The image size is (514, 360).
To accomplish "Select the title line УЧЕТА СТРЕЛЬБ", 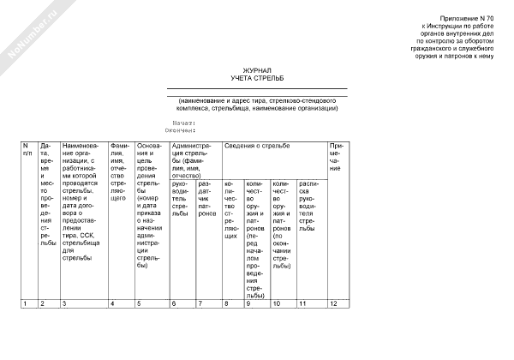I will click(256, 78).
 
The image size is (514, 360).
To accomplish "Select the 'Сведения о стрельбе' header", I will click(257, 146).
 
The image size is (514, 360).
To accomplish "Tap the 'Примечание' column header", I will click(335, 156).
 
